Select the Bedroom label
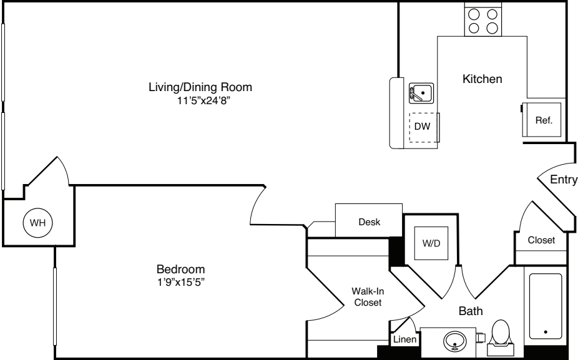click(180, 269)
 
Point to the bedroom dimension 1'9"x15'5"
click(180, 281)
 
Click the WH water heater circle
click(38, 222)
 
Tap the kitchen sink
click(421, 94)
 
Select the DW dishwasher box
click(423, 127)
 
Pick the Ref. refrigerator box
click(544, 120)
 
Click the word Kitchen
click(482, 79)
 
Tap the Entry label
click(563, 180)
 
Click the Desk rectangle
click(369, 221)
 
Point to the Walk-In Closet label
click(366, 296)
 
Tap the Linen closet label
click(403, 340)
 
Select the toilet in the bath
click(501, 334)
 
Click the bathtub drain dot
click(547, 332)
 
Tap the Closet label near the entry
click(541, 240)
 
